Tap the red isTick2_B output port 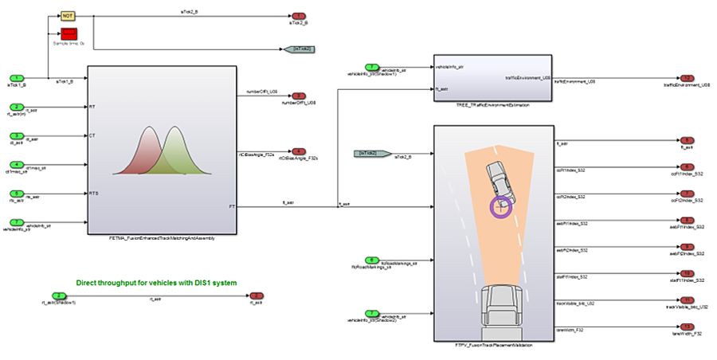[x=299, y=16]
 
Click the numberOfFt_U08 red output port [x=299, y=95]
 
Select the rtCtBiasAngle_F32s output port [x=299, y=151]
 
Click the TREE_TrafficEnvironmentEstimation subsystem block [x=491, y=78]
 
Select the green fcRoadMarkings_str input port [x=372, y=260]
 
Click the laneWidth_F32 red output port [x=686, y=327]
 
